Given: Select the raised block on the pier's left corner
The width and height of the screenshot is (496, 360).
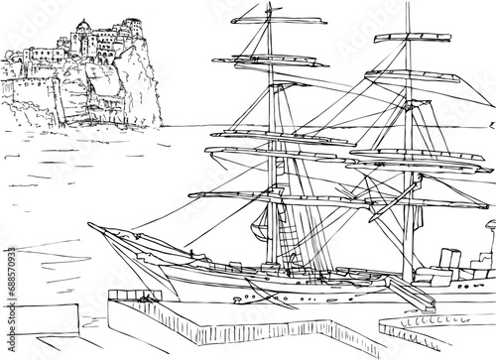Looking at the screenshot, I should click(126, 294).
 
